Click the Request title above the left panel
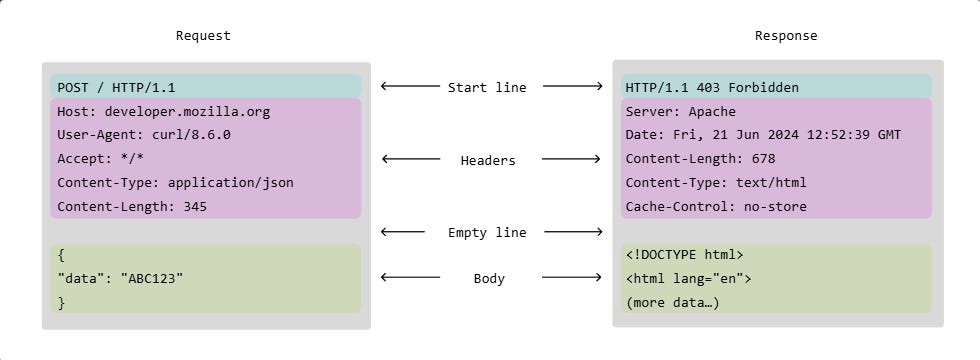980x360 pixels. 203,36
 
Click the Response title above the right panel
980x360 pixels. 785,36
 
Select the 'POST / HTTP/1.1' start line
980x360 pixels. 116,88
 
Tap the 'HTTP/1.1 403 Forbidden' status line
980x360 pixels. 712,88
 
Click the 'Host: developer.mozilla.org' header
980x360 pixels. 163,112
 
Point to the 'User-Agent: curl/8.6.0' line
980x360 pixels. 144,135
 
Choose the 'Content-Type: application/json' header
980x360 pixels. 175,183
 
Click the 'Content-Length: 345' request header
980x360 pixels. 132,207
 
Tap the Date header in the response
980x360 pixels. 763,135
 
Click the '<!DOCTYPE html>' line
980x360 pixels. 684,255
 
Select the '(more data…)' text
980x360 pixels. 672,302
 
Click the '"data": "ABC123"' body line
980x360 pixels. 120,278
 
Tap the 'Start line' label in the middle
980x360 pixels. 487,88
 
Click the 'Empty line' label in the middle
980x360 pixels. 487,233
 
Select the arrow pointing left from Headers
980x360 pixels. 411,159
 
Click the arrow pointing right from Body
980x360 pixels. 571,278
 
